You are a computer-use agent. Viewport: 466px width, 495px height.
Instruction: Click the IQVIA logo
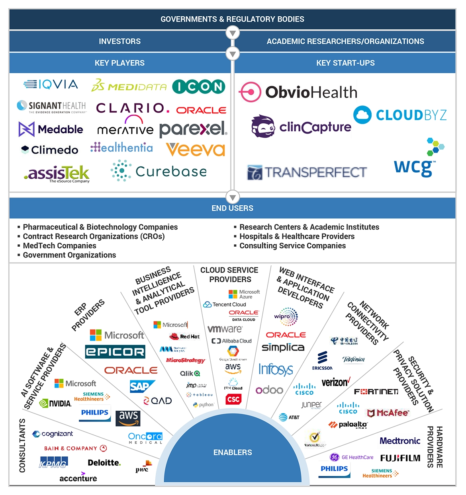click(x=51, y=84)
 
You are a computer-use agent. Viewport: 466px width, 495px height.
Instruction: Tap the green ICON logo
click(x=199, y=87)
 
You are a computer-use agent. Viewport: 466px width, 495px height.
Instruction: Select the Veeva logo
click(x=196, y=150)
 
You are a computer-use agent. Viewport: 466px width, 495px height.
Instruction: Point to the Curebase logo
click(x=159, y=171)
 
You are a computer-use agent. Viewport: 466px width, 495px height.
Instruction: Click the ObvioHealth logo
click(x=298, y=92)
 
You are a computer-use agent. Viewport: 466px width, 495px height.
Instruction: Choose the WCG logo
click(x=417, y=159)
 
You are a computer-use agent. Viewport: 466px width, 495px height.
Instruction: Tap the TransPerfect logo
click(x=307, y=172)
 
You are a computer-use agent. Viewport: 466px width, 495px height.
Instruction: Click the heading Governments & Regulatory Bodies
click(x=232, y=19)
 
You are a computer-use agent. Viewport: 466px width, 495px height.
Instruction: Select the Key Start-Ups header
click(x=345, y=63)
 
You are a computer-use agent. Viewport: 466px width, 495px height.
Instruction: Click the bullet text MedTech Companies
click(x=59, y=246)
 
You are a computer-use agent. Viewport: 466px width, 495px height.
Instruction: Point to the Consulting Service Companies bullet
click(x=292, y=246)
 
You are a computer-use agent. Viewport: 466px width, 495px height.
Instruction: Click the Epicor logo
click(x=115, y=352)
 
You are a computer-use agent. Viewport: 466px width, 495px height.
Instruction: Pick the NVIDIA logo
click(x=56, y=403)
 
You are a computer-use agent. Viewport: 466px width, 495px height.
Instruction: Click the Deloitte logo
click(x=104, y=463)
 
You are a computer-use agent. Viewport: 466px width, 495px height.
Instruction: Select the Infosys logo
click(x=276, y=369)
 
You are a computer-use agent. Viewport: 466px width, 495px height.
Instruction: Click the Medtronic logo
click(x=400, y=441)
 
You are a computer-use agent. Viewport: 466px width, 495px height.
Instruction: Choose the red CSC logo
click(x=233, y=399)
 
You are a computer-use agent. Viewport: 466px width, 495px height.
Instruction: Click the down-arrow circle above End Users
click(x=233, y=197)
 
